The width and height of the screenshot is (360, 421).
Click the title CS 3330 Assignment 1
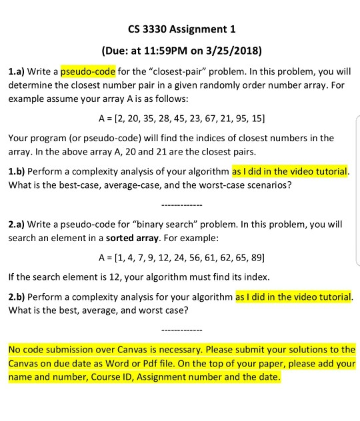pyautogui.click(x=180, y=30)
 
